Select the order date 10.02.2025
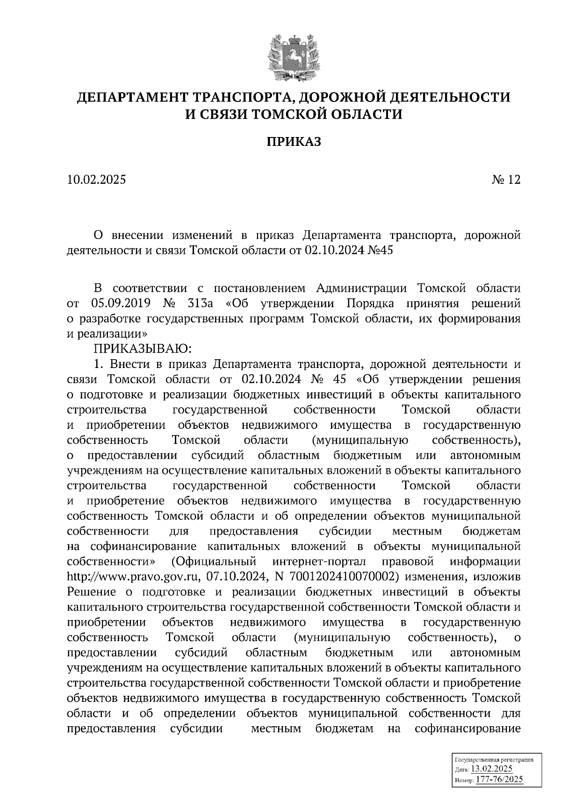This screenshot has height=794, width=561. (x=96, y=180)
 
